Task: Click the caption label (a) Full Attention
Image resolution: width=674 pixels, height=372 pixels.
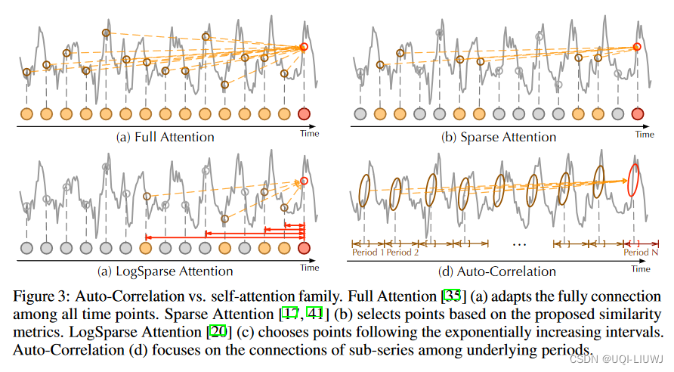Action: tap(165, 137)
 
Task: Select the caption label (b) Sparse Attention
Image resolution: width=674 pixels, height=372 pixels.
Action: tap(499, 137)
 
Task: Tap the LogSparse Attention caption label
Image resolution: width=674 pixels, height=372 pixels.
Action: tap(165, 271)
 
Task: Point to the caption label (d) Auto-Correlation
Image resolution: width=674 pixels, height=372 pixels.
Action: tap(498, 271)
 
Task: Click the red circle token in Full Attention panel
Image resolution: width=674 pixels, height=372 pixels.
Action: tap(305, 114)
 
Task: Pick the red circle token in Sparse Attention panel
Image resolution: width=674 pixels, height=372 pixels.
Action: tap(637, 114)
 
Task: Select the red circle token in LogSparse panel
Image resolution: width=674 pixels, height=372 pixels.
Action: tap(305, 247)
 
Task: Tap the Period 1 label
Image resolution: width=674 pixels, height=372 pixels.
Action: tap(369, 253)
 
